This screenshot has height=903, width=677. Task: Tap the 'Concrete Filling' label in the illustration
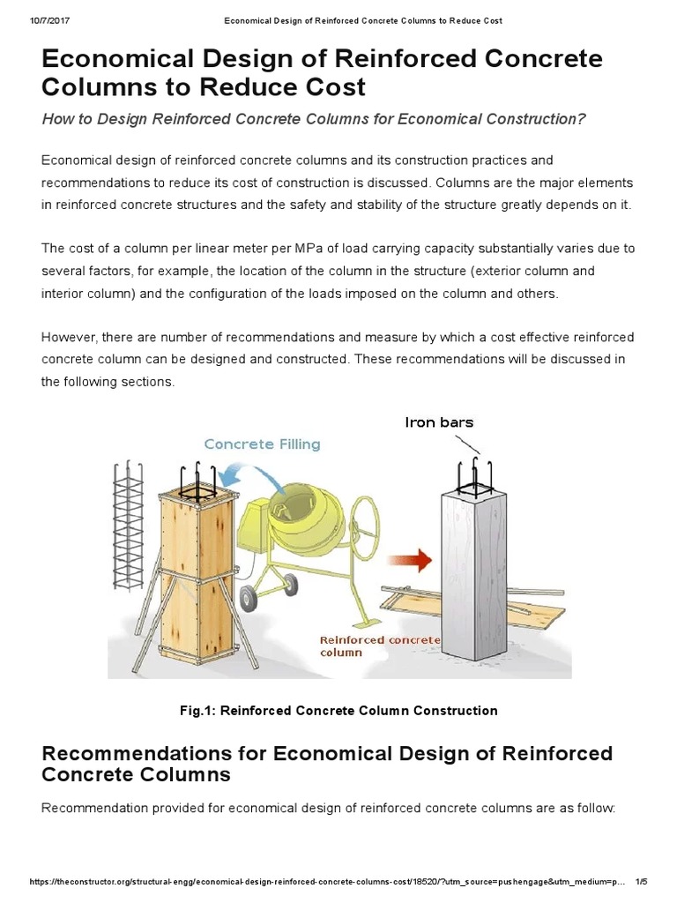[262, 444]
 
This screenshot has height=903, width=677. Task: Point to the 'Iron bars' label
[439, 422]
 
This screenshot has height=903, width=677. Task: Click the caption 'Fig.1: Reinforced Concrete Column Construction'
[339, 710]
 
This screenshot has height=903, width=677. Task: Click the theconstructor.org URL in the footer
[317, 882]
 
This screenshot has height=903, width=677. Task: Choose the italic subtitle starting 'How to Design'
[313, 119]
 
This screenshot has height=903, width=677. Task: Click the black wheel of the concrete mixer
[249, 600]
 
